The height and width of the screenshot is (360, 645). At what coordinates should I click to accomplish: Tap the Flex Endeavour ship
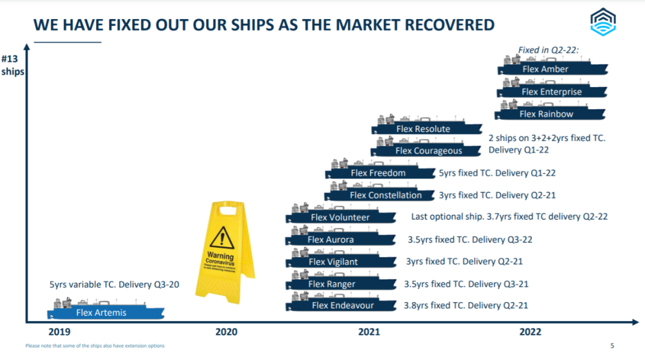(x=342, y=305)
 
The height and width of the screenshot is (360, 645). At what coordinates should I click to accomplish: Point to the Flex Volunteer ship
(x=340, y=217)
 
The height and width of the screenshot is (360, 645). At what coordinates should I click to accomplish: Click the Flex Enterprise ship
(x=552, y=91)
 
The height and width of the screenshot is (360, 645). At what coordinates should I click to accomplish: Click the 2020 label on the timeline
(x=226, y=332)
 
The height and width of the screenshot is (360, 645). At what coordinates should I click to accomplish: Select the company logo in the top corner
(x=603, y=22)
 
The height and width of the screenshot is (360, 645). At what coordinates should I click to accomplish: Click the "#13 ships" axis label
(x=13, y=66)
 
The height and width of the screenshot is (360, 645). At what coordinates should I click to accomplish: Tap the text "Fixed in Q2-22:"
(x=548, y=50)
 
